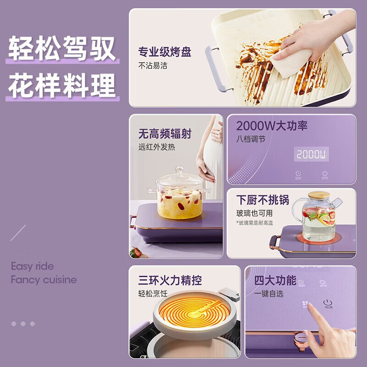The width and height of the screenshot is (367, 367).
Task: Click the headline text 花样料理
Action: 62,86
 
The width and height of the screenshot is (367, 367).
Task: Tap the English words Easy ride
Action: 32,266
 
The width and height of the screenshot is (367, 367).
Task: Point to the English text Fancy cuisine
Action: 44,280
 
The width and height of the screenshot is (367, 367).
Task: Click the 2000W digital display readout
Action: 311,154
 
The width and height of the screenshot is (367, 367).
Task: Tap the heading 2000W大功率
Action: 272,126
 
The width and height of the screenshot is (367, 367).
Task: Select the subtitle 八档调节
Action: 250,139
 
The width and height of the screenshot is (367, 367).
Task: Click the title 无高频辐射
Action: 165,134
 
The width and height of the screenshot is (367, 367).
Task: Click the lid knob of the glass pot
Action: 179,171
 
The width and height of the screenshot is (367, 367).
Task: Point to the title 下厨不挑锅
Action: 263,201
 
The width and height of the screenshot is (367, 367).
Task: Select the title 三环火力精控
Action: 170,280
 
